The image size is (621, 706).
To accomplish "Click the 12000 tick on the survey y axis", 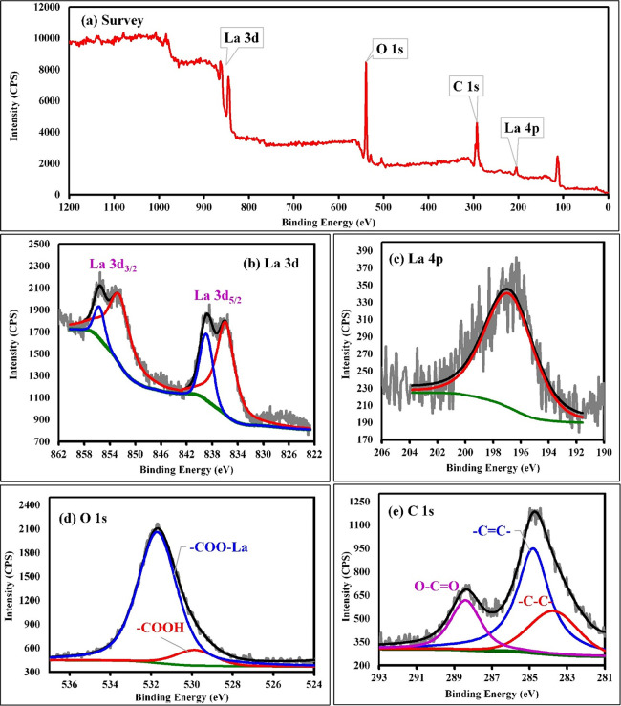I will [x=43, y=8].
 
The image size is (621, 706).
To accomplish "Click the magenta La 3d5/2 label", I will [x=225, y=295].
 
